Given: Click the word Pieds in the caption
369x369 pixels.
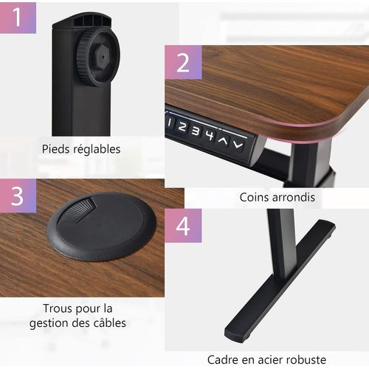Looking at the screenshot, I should point(57,149).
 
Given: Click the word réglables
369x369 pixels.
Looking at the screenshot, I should point(97,149).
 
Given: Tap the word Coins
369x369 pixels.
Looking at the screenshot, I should point(255,197).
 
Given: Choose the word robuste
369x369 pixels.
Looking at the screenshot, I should point(302,359).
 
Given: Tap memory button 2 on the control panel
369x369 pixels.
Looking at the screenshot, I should point(182,126).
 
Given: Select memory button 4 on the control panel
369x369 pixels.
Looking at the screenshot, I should point(209,135).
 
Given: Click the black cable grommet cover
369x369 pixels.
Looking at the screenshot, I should point(102,227).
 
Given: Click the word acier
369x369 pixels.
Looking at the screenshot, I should point(266,359).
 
